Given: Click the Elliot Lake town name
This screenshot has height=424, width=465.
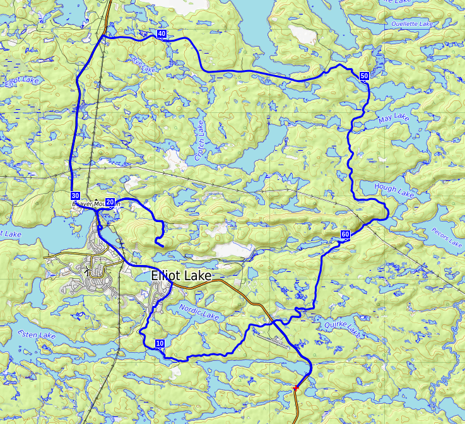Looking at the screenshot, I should point(182,276).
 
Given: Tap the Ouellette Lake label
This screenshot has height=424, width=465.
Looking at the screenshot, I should point(412,24).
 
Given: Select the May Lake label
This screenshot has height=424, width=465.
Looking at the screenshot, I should point(393,119).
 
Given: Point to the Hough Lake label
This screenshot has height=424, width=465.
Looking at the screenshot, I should point(394,191).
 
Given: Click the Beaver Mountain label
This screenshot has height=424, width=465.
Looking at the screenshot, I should point(96,204).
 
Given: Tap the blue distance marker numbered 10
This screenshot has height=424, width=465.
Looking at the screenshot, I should point(160,344).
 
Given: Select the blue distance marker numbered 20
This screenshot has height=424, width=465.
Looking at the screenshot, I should point(110,202).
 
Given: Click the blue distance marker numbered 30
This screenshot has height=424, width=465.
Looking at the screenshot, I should point(76,196).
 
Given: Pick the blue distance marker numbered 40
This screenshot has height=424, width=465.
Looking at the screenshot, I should point(162,34).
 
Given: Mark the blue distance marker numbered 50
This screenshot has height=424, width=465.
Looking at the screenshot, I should point(364,76).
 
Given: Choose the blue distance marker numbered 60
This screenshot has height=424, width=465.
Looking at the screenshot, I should point(345,235).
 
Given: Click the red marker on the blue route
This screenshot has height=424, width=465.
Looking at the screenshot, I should point(296,387).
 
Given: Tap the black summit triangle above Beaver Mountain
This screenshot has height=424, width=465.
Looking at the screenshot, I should point(96,199).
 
